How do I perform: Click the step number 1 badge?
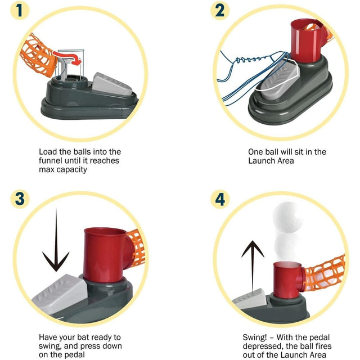tap(20, 11)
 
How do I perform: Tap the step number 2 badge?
tap(220, 11)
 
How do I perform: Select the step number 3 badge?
tap(20, 199)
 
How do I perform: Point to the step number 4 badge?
tap(220, 199)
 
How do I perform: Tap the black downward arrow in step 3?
tap(56, 240)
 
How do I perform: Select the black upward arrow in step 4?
tap(253, 266)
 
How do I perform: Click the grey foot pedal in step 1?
tap(112, 84)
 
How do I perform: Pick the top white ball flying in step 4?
tap(288, 217)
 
